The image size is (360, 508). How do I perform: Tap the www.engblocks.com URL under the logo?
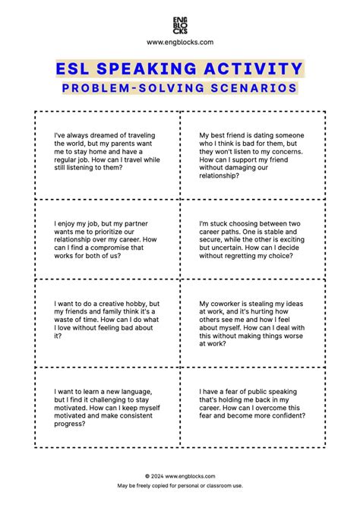point(180,43)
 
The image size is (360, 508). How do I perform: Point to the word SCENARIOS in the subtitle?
point(253,89)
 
